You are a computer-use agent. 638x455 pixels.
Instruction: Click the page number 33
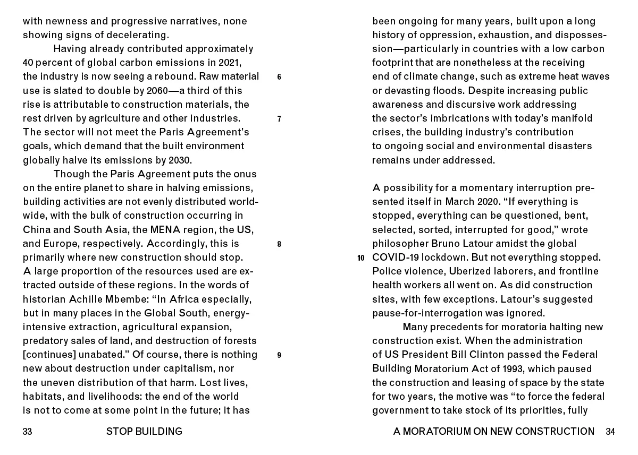pos(28,432)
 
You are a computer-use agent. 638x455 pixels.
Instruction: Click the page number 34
pos(610,432)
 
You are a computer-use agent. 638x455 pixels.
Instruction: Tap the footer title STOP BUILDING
pos(144,432)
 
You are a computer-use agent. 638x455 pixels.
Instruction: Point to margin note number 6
pos(279,77)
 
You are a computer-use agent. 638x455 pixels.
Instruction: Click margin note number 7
pos(279,119)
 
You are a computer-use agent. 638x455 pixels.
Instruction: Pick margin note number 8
pos(279,245)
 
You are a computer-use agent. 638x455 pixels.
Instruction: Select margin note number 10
pos(361,259)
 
